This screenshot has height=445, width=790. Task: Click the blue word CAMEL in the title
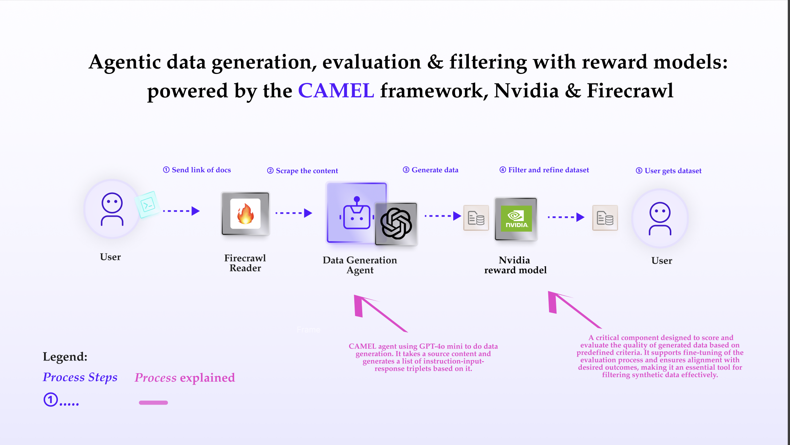pyautogui.click(x=336, y=91)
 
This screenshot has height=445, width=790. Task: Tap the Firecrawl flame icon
pyautogui.click(x=245, y=214)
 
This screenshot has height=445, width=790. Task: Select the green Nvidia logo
pyautogui.click(x=516, y=218)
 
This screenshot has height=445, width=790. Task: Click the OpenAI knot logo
pyautogui.click(x=396, y=224)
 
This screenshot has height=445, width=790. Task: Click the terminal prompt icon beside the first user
pyautogui.click(x=147, y=205)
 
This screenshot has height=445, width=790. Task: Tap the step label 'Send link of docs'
pyautogui.click(x=197, y=170)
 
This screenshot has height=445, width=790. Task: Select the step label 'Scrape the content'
pyautogui.click(x=303, y=171)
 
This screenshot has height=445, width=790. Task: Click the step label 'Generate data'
pyautogui.click(x=431, y=170)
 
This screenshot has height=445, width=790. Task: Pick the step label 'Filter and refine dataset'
pyautogui.click(x=544, y=170)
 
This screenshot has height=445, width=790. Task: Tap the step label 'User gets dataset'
pyautogui.click(x=669, y=171)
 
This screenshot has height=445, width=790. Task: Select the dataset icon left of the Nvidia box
pyautogui.click(x=476, y=218)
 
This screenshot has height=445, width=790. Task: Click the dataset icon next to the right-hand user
pyautogui.click(x=605, y=218)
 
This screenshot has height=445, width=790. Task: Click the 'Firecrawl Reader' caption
pyautogui.click(x=245, y=263)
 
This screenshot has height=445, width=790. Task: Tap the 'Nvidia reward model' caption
pyautogui.click(x=515, y=265)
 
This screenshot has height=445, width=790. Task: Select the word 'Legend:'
pyautogui.click(x=65, y=357)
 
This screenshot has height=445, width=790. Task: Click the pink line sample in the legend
pyautogui.click(x=153, y=402)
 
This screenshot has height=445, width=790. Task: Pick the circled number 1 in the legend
pyautogui.click(x=51, y=399)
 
